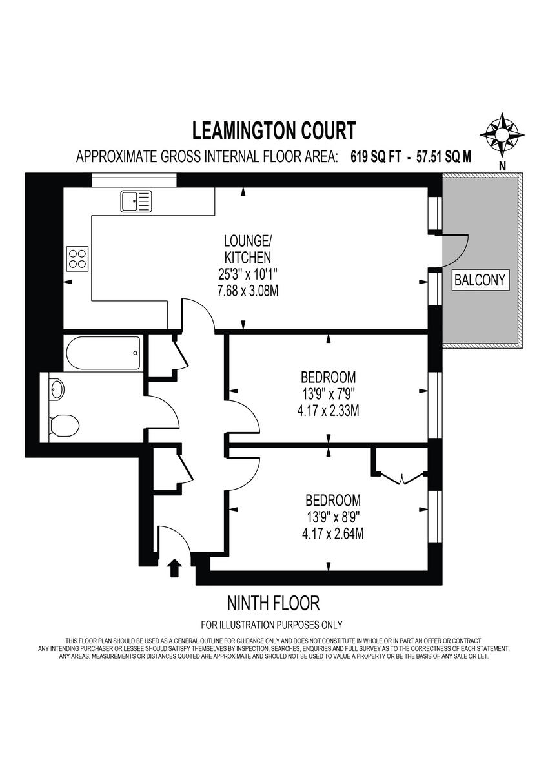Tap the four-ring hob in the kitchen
[x=77, y=259]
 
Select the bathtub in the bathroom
[x=103, y=353]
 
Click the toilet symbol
[x=64, y=425]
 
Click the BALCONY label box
[x=479, y=280]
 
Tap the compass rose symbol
[x=502, y=134]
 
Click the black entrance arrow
[x=174, y=568]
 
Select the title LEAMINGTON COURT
[x=274, y=130]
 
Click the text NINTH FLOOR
[x=274, y=604]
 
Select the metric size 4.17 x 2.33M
[x=328, y=410]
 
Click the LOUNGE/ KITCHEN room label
[x=248, y=249]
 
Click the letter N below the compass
[x=502, y=167]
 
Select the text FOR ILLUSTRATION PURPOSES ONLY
[x=272, y=625]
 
